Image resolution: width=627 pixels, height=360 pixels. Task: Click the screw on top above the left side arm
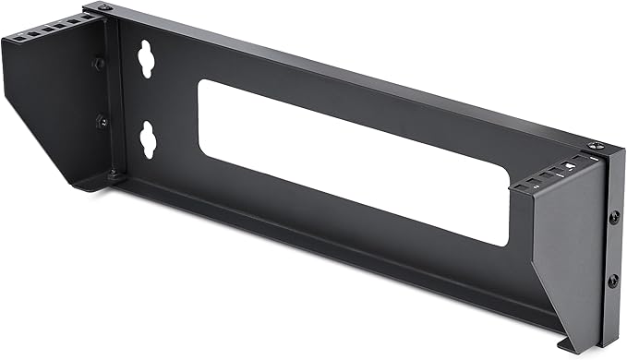pyautogui.click(x=103, y=8)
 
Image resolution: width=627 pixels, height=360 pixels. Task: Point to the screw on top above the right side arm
pyautogui.click(x=592, y=146)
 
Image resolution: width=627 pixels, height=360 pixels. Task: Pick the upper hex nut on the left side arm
pyautogui.click(x=99, y=64)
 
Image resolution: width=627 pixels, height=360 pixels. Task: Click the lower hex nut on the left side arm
pyautogui.click(x=102, y=121)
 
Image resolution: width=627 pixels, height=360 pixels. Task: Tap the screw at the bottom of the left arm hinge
pyautogui.click(x=113, y=173)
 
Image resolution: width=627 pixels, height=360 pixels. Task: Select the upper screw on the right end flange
pyautogui.click(x=613, y=217)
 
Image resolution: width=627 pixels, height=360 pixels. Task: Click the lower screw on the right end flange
pyautogui.click(x=611, y=280)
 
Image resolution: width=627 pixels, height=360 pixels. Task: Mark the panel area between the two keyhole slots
pyautogui.click(x=146, y=100)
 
